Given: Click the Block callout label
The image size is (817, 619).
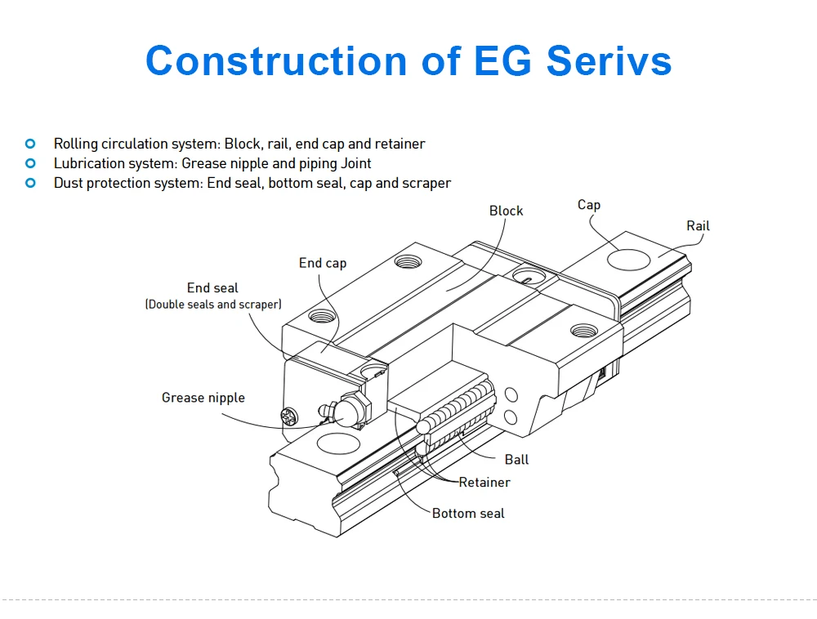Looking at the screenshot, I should [x=506, y=211].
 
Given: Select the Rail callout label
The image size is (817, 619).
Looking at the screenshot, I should [x=698, y=225].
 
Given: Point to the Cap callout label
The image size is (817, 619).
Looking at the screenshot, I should [x=588, y=204].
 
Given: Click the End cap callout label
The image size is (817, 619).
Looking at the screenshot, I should [x=322, y=263].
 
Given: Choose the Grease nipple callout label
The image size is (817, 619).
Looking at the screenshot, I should [x=203, y=398].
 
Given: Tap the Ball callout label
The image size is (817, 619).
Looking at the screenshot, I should [x=516, y=460].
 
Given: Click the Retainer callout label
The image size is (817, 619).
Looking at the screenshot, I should [x=484, y=483].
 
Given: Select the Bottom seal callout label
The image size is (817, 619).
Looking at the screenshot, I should [x=468, y=514].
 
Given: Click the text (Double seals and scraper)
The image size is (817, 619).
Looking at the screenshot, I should [x=212, y=305].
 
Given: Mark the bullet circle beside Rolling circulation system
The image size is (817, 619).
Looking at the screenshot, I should [x=31, y=144].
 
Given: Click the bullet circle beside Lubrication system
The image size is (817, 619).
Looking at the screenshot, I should [x=31, y=163].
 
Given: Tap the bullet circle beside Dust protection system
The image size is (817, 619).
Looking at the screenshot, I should [x=31, y=183].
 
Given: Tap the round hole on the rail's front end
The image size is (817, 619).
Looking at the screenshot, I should [x=337, y=445].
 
